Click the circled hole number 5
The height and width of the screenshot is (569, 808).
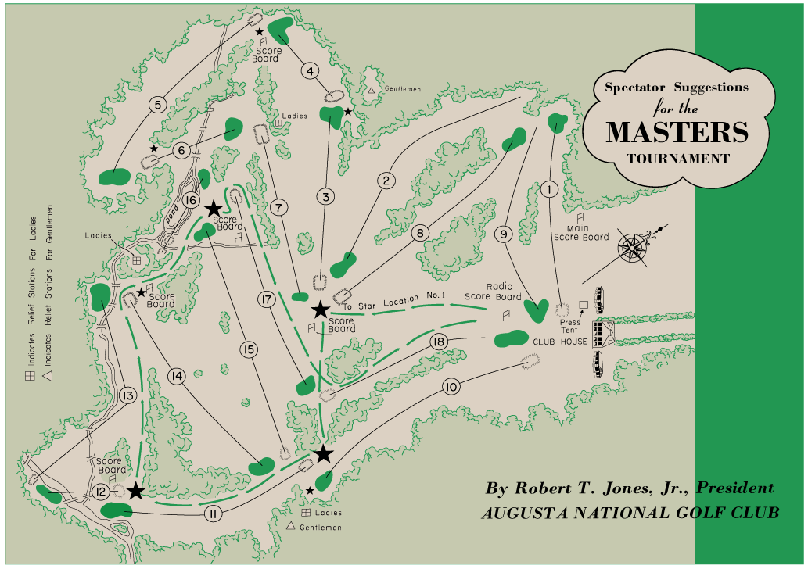coord(158,105)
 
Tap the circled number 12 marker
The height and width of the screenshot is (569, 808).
coord(100,492)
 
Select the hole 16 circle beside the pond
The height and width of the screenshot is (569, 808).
coord(190,200)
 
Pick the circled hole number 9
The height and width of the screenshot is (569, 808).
coord(503,233)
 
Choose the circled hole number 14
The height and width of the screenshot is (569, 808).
coord(176,377)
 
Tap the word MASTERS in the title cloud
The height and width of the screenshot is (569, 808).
coord(677,131)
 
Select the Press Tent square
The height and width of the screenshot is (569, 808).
coord(583,304)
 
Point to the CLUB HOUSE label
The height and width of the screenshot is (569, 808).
coord(560,342)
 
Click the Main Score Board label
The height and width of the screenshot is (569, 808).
coord(581,232)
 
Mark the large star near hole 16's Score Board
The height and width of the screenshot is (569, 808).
coord(214,209)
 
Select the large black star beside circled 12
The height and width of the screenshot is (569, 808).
coord(136,490)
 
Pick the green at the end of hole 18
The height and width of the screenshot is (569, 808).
coord(511,339)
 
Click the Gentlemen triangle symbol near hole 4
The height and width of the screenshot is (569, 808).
coord(372,90)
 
